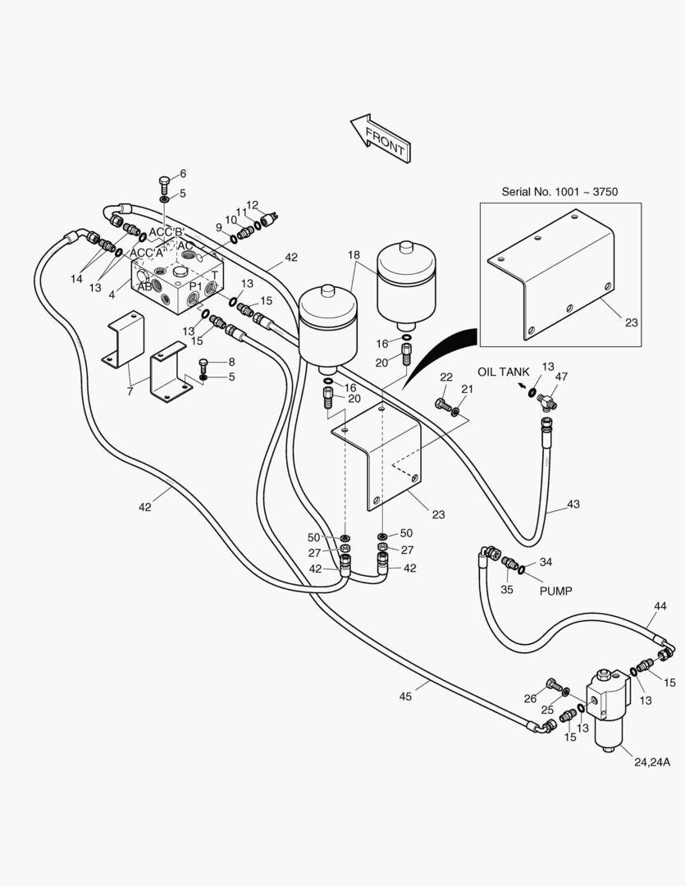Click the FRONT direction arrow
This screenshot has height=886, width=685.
(x=381, y=139)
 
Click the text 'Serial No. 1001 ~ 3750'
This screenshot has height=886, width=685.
(x=559, y=191)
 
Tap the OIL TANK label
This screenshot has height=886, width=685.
(x=504, y=372)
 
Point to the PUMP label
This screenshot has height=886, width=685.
(x=555, y=591)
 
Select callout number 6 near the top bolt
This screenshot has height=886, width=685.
(x=183, y=173)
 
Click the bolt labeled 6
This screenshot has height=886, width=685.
(x=164, y=185)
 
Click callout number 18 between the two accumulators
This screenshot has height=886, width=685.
(x=354, y=255)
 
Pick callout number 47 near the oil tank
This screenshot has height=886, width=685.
(x=561, y=377)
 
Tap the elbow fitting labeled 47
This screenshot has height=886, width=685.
(x=547, y=401)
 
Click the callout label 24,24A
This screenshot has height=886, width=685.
(x=652, y=762)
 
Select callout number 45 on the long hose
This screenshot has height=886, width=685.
(x=405, y=696)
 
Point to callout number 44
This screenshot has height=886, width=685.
(x=660, y=605)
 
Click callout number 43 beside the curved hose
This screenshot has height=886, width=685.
(x=573, y=504)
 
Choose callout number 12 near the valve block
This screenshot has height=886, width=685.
(x=252, y=205)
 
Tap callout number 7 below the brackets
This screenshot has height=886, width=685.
(x=130, y=391)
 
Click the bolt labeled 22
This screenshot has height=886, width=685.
(x=443, y=404)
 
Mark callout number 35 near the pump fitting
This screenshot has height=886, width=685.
(x=507, y=589)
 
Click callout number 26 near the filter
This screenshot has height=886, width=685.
(x=530, y=699)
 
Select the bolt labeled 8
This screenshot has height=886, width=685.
(x=204, y=364)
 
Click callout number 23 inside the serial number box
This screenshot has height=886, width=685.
(x=631, y=322)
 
